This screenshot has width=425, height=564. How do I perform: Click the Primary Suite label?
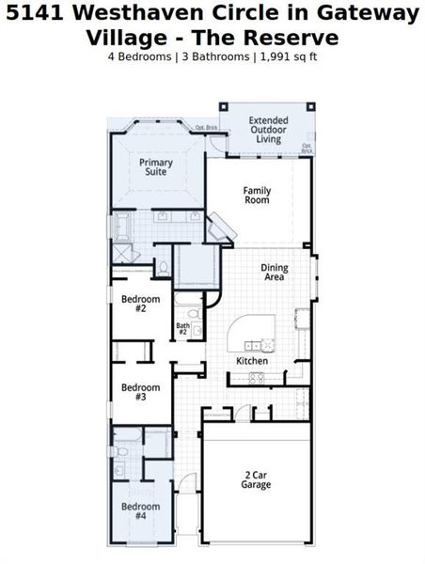coord(156,167)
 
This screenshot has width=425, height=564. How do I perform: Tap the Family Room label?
coord(257,196)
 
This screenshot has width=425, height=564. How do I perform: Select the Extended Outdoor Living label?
coord(270,130)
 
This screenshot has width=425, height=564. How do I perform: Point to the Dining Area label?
coord(275,273)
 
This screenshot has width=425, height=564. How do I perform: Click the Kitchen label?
coord(252,361)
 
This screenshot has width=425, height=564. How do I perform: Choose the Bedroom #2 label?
coord(140,304)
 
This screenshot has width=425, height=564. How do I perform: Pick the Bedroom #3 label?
coord(140,392)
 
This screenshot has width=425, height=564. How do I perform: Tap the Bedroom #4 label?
coord(140,511)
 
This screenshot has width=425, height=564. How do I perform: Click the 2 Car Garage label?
coord(256,480)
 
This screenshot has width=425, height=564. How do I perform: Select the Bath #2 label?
coord(182,329)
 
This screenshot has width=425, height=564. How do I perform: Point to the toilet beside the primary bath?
coord(163,268)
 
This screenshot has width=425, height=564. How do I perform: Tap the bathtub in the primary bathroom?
coord(122,227)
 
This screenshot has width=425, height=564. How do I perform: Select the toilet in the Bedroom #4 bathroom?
coord(121,466)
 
